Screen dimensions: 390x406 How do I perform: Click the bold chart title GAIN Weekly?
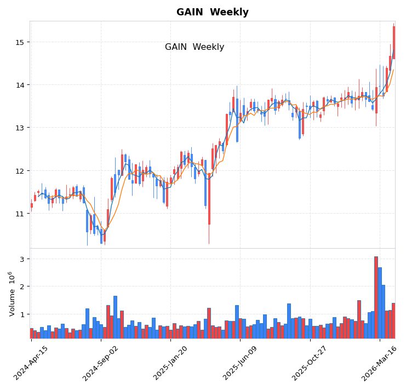click(x=212, y=12)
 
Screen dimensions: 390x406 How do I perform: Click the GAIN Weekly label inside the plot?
click(x=195, y=47)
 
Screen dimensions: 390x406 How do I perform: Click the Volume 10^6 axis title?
click(x=11, y=293)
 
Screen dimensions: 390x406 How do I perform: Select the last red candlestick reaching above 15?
click(x=393, y=42)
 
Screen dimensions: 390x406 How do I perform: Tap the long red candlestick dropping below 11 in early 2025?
click(x=209, y=200)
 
